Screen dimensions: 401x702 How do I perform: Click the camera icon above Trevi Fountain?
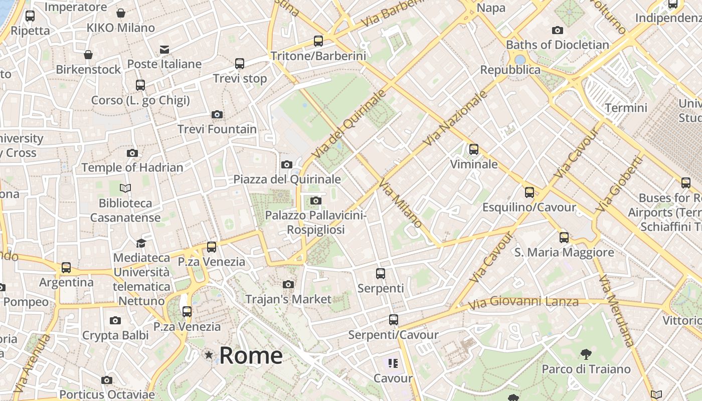217,115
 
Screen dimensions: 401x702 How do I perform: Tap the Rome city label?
251,356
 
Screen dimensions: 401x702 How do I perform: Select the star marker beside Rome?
209,355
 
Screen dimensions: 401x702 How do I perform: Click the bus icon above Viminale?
473,149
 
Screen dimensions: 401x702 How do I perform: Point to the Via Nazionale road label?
455,118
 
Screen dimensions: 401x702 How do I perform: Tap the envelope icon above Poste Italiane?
164,49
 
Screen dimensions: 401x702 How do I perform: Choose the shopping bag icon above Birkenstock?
88,55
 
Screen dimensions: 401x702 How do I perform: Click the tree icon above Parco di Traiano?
586,355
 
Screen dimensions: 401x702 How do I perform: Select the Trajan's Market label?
288,299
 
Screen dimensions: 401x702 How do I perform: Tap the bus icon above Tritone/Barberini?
318,41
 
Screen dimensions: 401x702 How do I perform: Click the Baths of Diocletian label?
558,45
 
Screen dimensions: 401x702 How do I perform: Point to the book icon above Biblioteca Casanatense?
125,188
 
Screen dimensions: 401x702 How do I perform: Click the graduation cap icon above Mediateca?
141,243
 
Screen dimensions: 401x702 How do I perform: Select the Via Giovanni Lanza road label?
523,302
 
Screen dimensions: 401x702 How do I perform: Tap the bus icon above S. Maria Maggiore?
564,238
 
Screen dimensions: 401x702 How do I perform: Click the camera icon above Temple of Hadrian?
132,153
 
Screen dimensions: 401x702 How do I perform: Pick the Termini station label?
626,108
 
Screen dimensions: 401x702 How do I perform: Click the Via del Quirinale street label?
349,123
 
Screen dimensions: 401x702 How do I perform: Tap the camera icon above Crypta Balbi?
115,321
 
